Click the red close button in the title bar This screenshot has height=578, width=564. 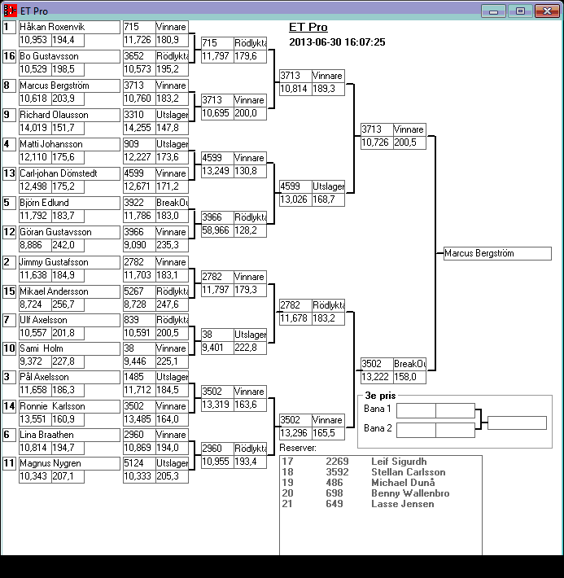[548, 11]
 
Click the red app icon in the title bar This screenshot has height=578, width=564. [10, 11]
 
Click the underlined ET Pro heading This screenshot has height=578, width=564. [308, 27]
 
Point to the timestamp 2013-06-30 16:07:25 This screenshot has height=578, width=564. [337, 42]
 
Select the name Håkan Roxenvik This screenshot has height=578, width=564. [52, 27]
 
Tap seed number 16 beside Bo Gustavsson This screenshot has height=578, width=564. [9, 56]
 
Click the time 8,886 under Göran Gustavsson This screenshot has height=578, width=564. [31, 245]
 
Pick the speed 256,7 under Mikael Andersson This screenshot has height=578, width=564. [63, 304]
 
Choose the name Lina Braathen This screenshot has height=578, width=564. [46, 435]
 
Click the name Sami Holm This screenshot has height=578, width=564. [42, 348]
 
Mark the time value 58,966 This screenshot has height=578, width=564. [216, 230]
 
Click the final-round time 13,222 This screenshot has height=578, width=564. [375, 377]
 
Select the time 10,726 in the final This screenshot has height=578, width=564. [375, 142]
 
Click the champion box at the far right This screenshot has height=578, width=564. [497, 253]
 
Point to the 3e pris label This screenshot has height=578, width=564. [380, 396]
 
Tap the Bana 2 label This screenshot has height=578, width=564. [378, 428]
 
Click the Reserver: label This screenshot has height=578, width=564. [298, 448]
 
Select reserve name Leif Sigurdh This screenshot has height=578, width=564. [399, 462]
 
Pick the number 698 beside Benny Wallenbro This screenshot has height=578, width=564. [334, 493]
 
